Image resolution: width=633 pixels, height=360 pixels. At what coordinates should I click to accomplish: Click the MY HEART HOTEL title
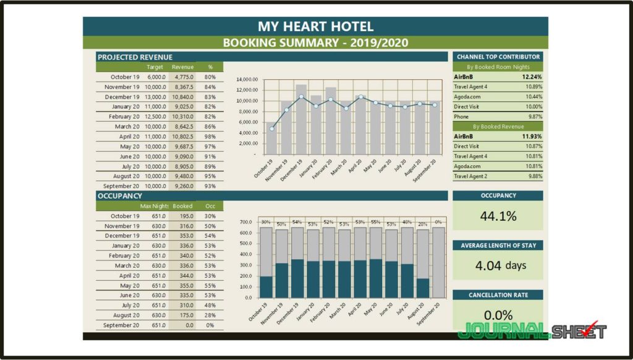[315, 27]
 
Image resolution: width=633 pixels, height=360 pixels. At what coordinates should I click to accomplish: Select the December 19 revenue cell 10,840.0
[183, 97]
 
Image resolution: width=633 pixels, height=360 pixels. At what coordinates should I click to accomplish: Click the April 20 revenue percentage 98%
[210, 137]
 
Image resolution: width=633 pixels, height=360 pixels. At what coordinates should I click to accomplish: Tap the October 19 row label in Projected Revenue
[125, 77]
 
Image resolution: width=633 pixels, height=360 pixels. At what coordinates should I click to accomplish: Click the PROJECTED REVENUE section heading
[135, 57]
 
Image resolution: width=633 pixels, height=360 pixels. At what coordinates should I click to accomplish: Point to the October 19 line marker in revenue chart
[271, 129]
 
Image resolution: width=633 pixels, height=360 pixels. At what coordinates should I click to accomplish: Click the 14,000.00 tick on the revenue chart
[247, 80]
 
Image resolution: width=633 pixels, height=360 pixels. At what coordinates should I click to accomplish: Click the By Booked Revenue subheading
[498, 126]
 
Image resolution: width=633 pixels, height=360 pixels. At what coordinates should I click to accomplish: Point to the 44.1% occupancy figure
[498, 216]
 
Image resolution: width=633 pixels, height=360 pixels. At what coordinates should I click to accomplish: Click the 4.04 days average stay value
[500, 266]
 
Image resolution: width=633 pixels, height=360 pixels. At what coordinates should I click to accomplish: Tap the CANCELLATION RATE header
[498, 295]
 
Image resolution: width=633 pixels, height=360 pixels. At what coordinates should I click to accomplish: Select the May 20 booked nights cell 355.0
[183, 286]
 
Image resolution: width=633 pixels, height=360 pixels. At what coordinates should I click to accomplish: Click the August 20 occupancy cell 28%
[210, 315]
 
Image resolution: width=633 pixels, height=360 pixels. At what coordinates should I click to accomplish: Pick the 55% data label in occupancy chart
[375, 221]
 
